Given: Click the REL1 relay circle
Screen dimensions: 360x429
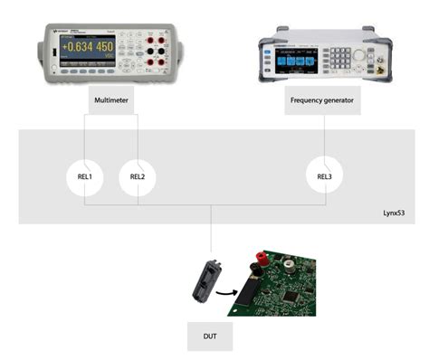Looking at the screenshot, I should coord(85,177).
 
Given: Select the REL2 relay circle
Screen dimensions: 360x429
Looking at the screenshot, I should coord(137,177).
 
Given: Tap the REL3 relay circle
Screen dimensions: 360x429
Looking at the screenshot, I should coord(324,176).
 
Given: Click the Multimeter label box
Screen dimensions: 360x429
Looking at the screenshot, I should coord(111,100).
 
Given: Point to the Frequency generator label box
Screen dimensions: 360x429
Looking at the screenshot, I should coord(324,100).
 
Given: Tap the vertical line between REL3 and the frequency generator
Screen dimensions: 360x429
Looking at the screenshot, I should coord(324,135).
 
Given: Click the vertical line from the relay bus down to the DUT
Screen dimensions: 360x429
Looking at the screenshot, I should coord(210,226).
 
